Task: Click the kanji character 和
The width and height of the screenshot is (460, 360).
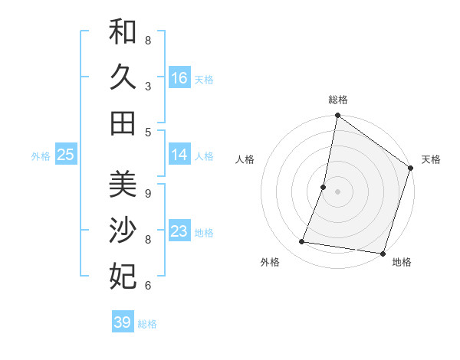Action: (x=123, y=32)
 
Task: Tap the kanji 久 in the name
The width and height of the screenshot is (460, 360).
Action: (x=123, y=77)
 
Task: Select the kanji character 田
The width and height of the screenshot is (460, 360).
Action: (x=123, y=123)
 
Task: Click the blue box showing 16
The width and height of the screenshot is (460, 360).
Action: (x=179, y=78)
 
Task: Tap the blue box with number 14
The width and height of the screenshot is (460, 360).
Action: (x=179, y=155)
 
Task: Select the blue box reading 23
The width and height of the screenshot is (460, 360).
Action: (x=179, y=231)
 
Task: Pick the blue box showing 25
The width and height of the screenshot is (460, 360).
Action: (x=65, y=155)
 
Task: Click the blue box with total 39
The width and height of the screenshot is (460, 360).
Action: (x=122, y=322)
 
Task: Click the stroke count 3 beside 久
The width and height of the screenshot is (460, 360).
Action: (x=148, y=86)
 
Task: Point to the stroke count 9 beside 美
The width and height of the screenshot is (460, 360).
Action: (x=148, y=193)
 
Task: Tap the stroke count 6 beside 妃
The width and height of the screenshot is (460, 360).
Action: (x=148, y=286)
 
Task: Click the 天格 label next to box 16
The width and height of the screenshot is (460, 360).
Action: (x=204, y=79)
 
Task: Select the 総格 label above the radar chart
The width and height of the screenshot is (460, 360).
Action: (x=337, y=100)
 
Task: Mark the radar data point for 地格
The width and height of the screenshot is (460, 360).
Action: (x=383, y=254)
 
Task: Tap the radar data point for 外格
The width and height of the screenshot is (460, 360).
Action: (x=302, y=242)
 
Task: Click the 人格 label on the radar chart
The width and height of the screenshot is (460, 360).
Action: (x=245, y=159)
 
